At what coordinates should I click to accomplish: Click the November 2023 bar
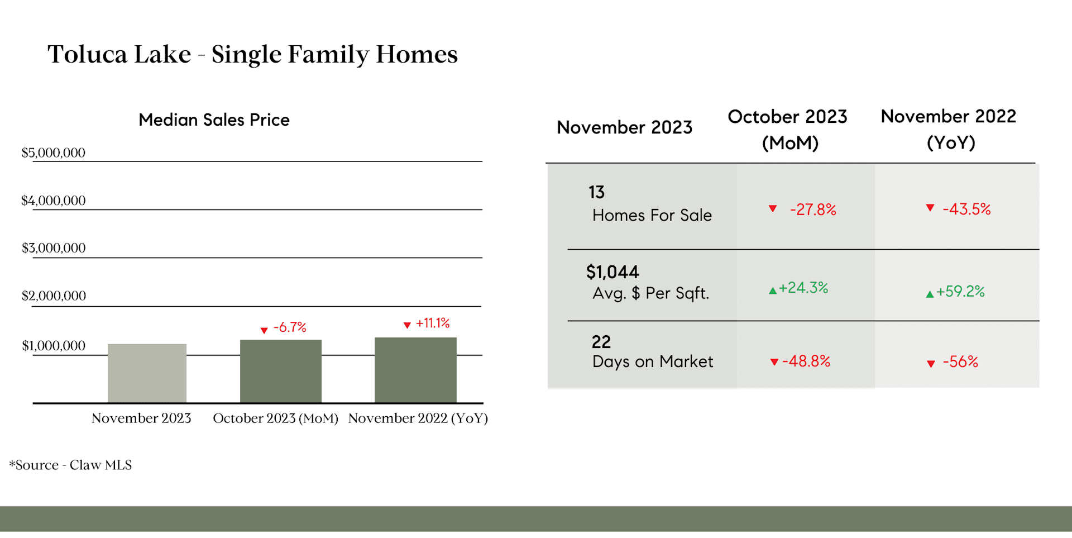(x=147, y=373)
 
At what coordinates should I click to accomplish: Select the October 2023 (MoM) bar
(x=281, y=371)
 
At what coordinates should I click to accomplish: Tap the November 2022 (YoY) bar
(x=415, y=370)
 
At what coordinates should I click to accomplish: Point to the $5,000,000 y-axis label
(x=54, y=153)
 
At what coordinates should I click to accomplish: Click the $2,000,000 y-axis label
(x=54, y=296)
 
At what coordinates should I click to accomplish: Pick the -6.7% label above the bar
(x=290, y=327)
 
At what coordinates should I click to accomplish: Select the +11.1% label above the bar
(x=433, y=323)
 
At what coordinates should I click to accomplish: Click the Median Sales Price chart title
(x=214, y=120)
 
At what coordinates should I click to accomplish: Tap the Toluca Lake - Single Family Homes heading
(x=252, y=55)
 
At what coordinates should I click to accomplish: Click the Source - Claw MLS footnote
(x=70, y=465)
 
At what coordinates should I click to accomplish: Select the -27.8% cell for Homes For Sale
(x=813, y=210)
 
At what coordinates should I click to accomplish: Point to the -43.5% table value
(x=966, y=209)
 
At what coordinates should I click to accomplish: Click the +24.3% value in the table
(x=803, y=288)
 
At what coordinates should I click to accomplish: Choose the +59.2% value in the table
(x=960, y=291)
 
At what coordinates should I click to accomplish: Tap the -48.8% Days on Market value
(x=806, y=361)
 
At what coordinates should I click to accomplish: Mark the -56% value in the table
(x=960, y=361)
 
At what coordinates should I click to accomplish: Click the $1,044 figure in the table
(x=612, y=272)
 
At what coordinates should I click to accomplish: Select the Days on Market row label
(x=653, y=361)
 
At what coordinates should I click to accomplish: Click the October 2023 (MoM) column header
(x=788, y=130)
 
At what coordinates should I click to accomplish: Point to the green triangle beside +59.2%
(x=930, y=294)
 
